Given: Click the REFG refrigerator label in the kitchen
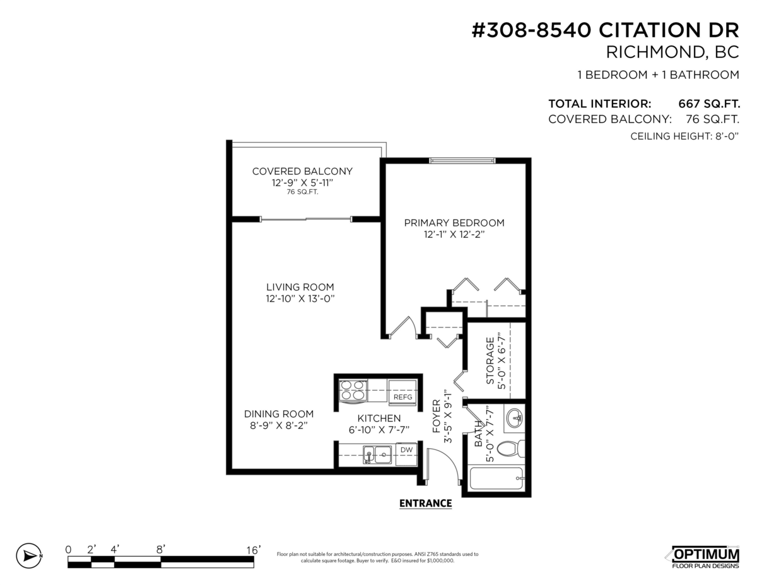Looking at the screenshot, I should [x=402, y=397].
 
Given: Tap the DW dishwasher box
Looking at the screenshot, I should [x=407, y=450].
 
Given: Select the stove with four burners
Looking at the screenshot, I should [x=353, y=391].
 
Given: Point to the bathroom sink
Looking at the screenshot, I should [x=515, y=418].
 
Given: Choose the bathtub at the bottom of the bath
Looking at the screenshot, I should [x=496, y=478].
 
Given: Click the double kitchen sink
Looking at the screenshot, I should [x=377, y=454].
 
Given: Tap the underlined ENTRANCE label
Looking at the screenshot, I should [x=426, y=503].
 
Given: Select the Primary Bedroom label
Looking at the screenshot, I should [x=454, y=223].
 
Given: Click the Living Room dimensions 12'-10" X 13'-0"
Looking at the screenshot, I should [x=300, y=298].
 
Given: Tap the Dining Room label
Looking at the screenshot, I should [x=279, y=414].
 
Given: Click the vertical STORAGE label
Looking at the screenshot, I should [x=490, y=361].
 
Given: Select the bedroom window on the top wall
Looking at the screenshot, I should [x=461, y=160].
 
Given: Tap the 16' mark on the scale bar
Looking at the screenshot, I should [x=253, y=550].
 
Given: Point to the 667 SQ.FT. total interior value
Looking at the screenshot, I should [x=708, y=103].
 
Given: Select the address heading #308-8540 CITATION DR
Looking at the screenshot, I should [x=606, y=30].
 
